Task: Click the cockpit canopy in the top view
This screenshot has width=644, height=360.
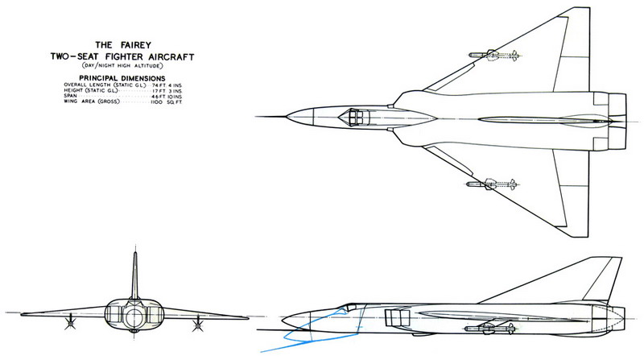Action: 352,118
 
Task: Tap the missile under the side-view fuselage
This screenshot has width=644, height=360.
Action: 489,327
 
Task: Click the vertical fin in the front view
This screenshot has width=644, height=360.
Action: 135,278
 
